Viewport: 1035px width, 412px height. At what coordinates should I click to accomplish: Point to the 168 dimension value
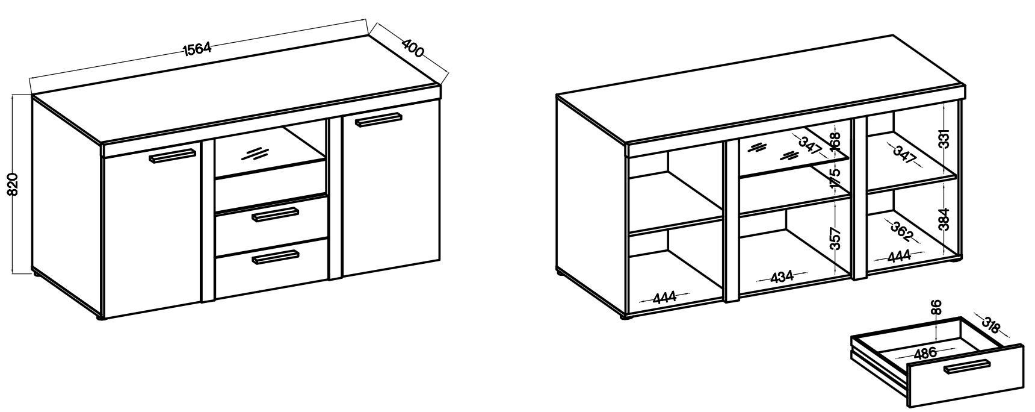(834, 143)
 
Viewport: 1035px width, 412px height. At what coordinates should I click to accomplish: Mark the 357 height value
(835, 239)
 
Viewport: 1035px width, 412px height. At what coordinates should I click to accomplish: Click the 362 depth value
(903, 230)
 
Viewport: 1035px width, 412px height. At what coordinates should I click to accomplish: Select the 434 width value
(782, 277)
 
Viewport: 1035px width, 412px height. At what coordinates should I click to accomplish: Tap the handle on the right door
(378, 119)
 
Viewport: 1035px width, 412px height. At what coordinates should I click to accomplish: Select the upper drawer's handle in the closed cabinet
(276, 214)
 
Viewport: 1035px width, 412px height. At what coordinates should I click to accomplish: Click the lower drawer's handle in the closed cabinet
(276, 257)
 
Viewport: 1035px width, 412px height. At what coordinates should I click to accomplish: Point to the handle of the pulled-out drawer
(966, 366)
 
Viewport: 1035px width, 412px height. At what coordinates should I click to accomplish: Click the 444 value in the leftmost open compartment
(664, 296)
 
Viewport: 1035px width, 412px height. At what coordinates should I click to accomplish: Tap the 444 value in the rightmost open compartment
(899, 256)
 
